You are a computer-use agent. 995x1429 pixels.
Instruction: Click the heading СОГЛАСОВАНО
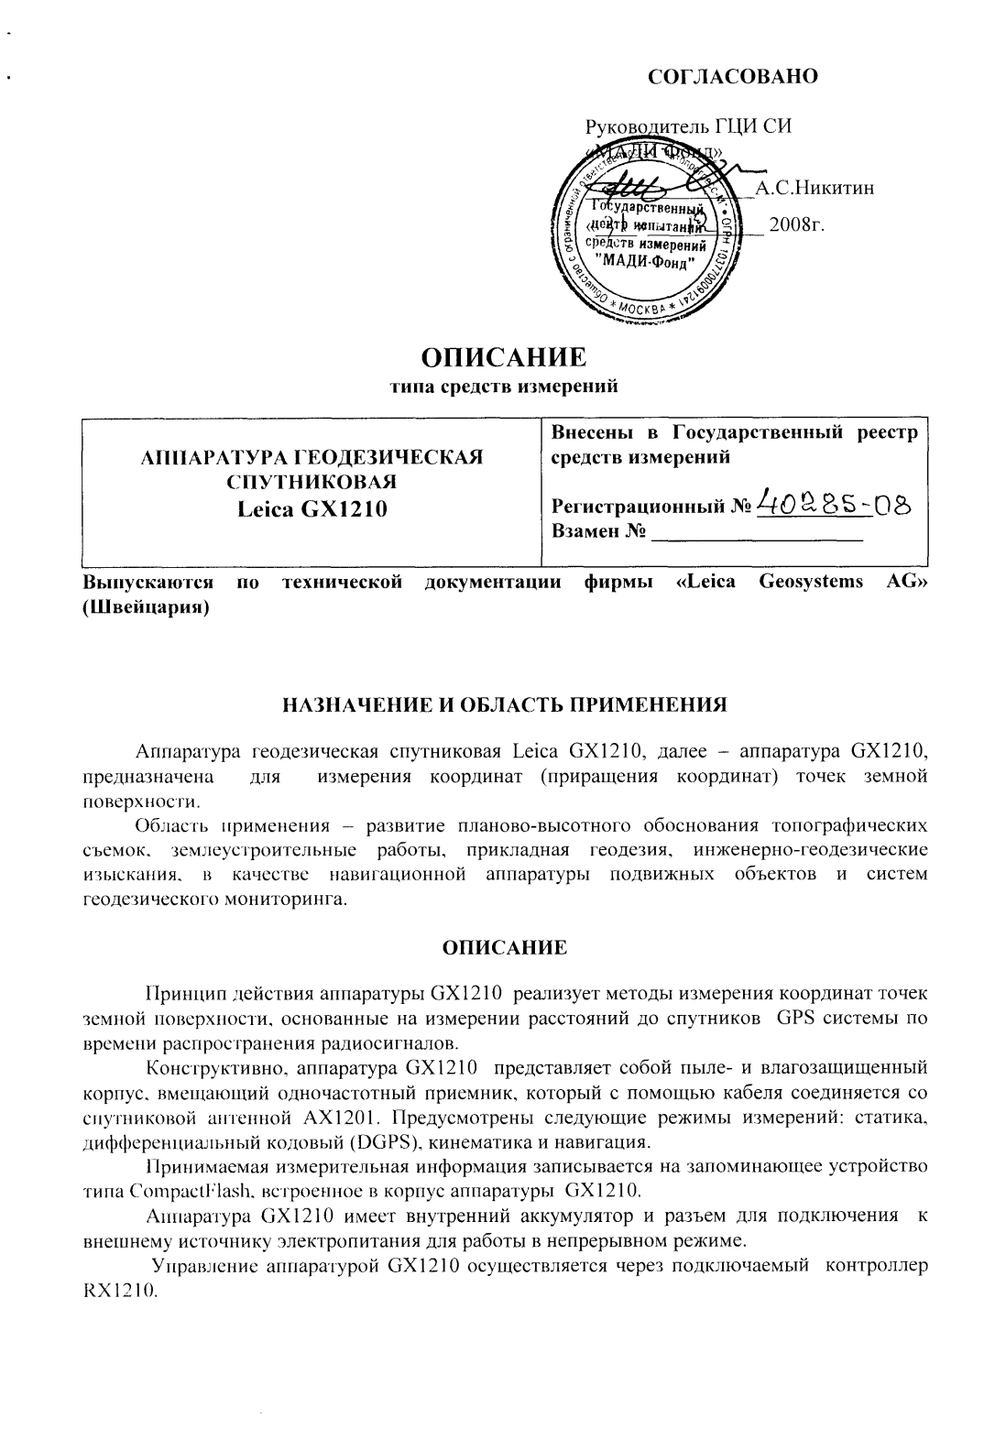tap(732, 76)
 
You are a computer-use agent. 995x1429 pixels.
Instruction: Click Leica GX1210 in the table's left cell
tap(312, 507)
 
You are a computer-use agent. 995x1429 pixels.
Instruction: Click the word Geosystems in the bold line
tap(812, 583)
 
